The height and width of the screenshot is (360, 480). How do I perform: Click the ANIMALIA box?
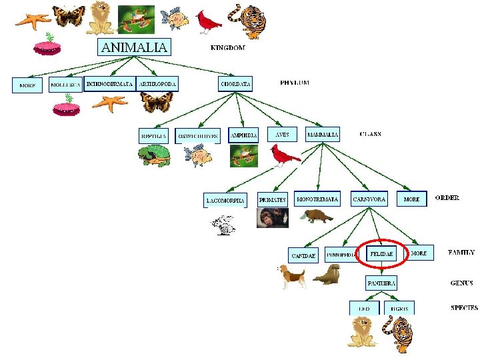point(134,47)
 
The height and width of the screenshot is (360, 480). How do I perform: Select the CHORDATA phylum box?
point(235,85)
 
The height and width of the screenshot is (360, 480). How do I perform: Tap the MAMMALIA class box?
point(323,135)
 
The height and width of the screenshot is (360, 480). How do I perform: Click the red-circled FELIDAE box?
point(382,254)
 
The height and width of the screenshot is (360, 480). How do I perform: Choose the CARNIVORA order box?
point(369,199)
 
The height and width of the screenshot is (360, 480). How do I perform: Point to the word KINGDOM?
point(227,48)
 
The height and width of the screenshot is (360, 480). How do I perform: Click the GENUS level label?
point(461,283)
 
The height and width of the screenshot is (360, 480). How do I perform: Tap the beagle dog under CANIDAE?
point(292,276)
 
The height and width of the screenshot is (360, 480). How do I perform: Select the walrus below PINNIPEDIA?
point(327,274)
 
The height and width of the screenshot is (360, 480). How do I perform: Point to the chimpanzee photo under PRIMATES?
point(273,218)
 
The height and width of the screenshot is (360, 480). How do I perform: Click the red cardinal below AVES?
point(285,155)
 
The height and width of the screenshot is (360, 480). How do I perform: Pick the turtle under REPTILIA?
point(154,157)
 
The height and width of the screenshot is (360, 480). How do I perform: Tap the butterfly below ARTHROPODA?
point(157,102)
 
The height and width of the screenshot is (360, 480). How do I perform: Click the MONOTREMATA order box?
point(317,199)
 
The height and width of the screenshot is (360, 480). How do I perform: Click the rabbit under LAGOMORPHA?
point(225,223)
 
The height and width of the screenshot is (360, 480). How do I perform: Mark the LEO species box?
point(364,308)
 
